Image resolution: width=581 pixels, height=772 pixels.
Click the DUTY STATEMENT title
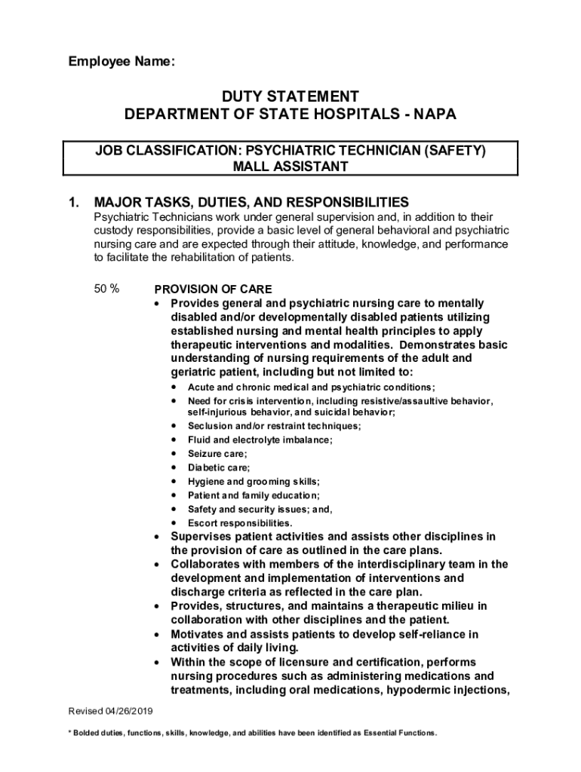[290, 96]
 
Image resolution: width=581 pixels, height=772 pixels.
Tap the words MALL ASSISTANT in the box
[290, 167]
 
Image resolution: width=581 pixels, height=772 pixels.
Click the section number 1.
[73, 203]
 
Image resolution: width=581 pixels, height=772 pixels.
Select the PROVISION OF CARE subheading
[213, 289]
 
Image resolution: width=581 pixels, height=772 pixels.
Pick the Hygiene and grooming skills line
[254, 481]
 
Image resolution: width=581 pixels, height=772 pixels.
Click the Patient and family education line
[254, 495]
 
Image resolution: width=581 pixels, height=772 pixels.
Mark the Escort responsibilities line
[240, 522]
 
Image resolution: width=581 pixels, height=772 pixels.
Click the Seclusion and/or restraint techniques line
[274, 426]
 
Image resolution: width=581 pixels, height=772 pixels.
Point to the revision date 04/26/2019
[128, 711]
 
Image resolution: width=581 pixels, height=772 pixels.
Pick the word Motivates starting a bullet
[198, 634]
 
